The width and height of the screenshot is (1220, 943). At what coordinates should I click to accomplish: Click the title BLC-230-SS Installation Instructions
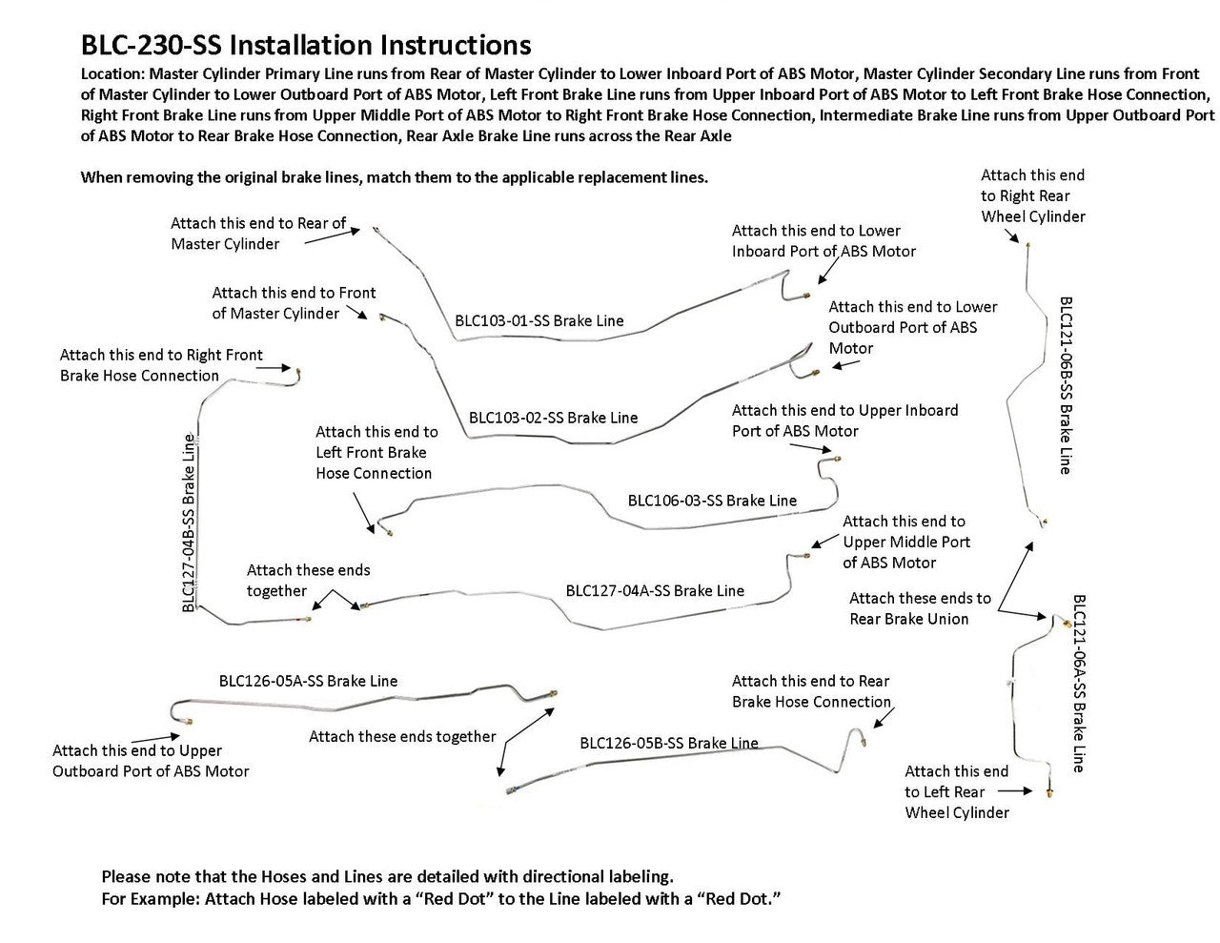(306, 45)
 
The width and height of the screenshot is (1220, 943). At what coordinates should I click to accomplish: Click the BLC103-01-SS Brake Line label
(539, 320)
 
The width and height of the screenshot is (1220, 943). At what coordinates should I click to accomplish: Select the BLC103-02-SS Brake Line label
(553, 418)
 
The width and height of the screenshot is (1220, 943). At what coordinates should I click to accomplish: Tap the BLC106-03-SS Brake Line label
(712, 500)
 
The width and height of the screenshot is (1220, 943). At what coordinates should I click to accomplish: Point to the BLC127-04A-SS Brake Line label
(655, 590)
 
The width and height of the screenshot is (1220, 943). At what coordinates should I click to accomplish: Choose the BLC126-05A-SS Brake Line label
(308, 681)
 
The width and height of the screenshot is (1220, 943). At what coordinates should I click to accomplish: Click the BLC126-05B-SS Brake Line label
(668, 743)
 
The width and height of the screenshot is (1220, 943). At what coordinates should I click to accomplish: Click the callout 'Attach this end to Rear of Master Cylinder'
(258, 234)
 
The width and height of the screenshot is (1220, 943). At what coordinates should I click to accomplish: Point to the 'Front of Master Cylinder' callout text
(294, 303)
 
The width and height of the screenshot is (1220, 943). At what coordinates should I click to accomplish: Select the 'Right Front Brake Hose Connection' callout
(161, 365)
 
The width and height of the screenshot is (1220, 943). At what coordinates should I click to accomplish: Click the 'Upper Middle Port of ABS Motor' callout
(905, 542)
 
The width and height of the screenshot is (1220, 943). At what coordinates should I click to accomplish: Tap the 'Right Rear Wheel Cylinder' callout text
(1033, 195)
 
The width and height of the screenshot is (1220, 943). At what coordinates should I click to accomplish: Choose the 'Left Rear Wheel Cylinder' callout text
(957, 791)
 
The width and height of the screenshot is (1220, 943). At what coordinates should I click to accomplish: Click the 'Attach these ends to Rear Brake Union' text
(920, 608)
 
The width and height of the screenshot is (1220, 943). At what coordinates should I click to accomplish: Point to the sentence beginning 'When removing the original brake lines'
(395, 177)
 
